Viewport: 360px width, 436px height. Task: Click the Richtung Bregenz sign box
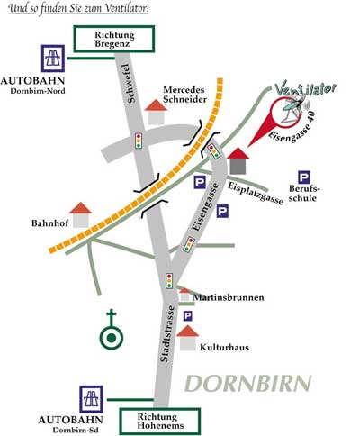[x=114, y=39]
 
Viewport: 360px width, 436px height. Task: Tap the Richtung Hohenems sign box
[x=160, y=421]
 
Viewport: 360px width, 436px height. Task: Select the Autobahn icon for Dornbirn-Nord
[x=53, y=59]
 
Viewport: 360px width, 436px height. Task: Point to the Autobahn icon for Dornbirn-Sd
[x=91, y=399]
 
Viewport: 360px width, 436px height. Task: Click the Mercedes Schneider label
[x=184, y=95]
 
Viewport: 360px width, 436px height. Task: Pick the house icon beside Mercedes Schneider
[x=156, y=112]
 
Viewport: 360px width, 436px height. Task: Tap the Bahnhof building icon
[x=81, y=215]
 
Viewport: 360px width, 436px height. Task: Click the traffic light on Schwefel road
[x=139, y=141]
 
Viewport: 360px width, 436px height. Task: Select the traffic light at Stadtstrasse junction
[x=169, y=281]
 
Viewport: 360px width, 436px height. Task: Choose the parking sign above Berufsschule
[x=304, y=177]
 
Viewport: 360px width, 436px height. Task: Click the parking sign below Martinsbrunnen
[x=188, y=316]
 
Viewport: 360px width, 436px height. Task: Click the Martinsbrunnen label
[x=229, y=297]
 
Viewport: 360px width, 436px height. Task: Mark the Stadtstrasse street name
[x=167, y=334]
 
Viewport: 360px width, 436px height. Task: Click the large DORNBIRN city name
[x=248, y=384]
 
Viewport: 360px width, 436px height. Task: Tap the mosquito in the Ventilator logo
[x=294, y=108]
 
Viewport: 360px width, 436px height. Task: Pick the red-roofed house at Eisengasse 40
[x=238, y=161]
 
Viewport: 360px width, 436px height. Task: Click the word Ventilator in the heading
[x=122, y=8]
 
